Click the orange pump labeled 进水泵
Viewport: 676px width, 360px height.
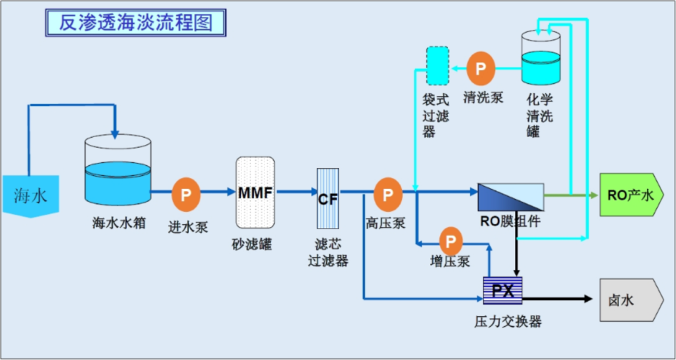coord(186,194)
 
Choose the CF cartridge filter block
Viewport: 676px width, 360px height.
coord(328,200)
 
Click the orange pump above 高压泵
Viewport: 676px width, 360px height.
coord(388,194)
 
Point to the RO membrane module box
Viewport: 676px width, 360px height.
coord(510,197)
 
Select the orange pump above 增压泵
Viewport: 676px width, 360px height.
coord(450,240)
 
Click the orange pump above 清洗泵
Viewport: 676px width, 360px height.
coord(481,68)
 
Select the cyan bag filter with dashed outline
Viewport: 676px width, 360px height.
coord(437,66)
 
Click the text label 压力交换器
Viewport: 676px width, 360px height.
coord(508,322)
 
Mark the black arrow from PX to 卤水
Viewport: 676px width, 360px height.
coord(557,299)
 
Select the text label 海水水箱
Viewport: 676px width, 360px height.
coord(118,222)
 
